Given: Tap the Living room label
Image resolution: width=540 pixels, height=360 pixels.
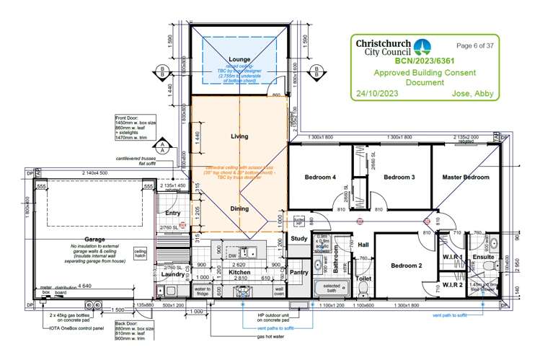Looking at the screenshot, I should [x=239, y=136].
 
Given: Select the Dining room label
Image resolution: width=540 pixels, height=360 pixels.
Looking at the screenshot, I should [x=239, y=208].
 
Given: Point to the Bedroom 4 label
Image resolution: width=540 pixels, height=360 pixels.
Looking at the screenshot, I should [x=320, y=177].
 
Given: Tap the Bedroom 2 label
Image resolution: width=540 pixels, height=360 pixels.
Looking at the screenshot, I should [x=407, y=265].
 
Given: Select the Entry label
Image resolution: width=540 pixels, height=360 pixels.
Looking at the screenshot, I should [x=173, y=213].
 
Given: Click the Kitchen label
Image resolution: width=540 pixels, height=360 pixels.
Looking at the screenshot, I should [x=239, y=273].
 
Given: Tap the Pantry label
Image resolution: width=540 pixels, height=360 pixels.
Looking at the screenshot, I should [x=298, y=273].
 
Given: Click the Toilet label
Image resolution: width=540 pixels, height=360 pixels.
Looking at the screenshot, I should [x=364, y=277].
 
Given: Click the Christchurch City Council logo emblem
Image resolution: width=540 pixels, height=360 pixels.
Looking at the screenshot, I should [x=422, y=46].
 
